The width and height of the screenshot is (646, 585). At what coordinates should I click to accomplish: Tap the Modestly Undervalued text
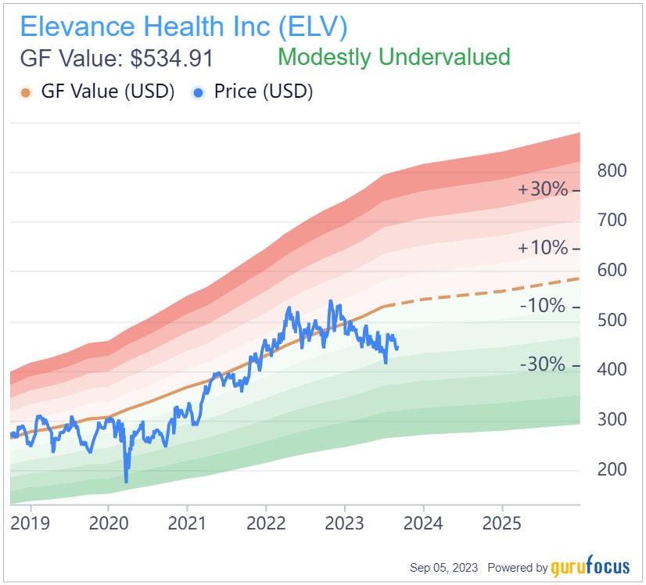pos(393,57)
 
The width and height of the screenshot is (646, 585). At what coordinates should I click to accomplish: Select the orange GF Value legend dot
pos(26,92)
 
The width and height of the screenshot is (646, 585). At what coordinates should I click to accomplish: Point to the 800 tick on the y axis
pos(612,170)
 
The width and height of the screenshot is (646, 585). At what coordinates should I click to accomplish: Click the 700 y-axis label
pos(612,220)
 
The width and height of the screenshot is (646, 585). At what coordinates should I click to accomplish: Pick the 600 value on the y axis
pos(612,270)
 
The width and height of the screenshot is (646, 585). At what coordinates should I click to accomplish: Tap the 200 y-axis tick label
pos(612,469)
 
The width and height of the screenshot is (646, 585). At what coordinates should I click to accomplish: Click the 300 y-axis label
pos(612,419)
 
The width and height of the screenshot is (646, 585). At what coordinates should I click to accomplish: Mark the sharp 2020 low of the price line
pos(126,480)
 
